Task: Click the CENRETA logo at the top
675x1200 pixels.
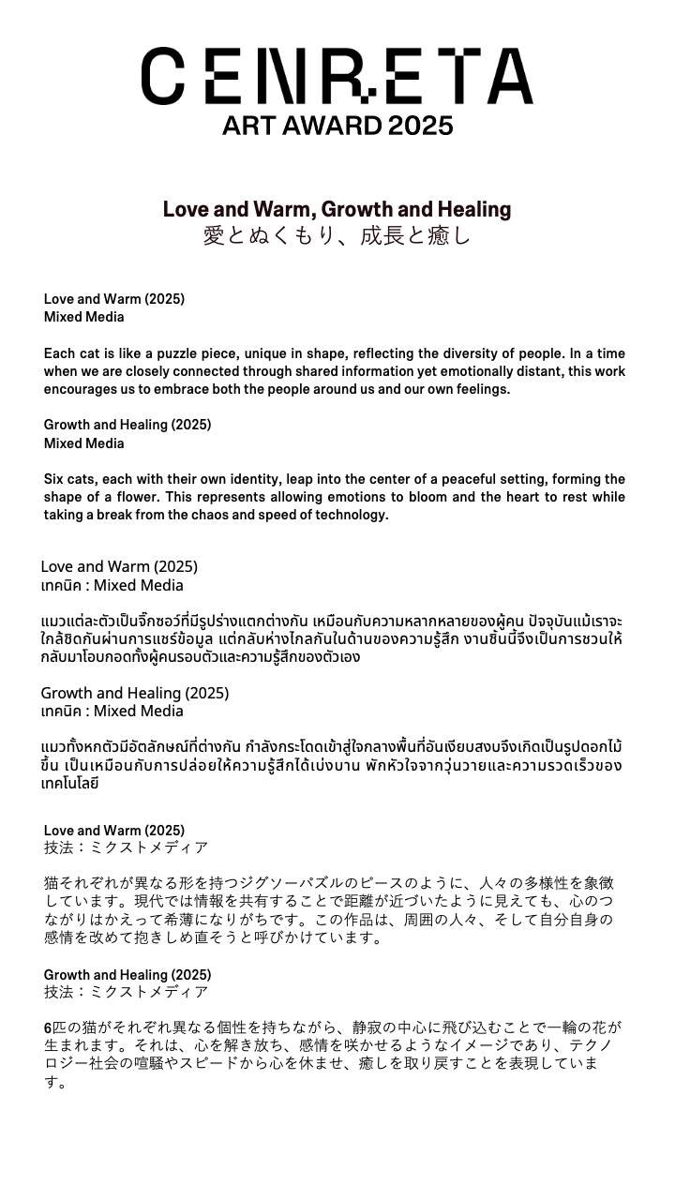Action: pyautogui.click(x=337, y=76)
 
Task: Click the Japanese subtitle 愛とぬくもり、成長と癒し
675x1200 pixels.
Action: pyautogui.click(x=337, y=235)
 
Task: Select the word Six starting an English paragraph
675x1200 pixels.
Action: pyautogui.click(x=55, y=479)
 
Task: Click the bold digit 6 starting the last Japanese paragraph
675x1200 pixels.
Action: pyautogui.click(x=48, y=1028)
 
